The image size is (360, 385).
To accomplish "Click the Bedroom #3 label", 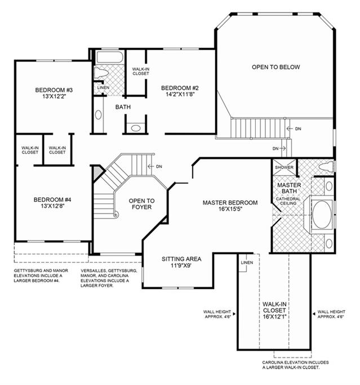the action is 54,90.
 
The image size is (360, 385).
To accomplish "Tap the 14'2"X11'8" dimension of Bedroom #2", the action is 180,94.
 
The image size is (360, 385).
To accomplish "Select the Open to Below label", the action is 276,67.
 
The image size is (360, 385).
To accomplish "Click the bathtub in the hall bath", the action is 109,57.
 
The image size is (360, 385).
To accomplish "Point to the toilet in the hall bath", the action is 101,73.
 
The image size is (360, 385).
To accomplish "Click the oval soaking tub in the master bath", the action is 322,215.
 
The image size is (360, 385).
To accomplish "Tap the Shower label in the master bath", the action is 284,167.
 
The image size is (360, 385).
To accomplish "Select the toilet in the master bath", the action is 327,167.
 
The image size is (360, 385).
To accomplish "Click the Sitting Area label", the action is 181,259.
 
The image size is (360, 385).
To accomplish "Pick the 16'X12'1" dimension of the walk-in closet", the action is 274,317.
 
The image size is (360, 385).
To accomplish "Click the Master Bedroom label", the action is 230,203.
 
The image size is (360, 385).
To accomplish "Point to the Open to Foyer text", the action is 141,204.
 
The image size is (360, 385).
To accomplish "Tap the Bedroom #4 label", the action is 52,200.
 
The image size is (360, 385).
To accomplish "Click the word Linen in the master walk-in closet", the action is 247,263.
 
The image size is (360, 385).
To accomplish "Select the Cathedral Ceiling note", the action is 288,201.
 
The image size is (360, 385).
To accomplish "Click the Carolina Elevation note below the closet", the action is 295,365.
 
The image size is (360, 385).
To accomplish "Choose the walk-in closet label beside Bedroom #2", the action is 141,71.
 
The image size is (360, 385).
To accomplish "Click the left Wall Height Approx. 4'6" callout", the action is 217,315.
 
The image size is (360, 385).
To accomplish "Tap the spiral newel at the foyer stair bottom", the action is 115,215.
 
